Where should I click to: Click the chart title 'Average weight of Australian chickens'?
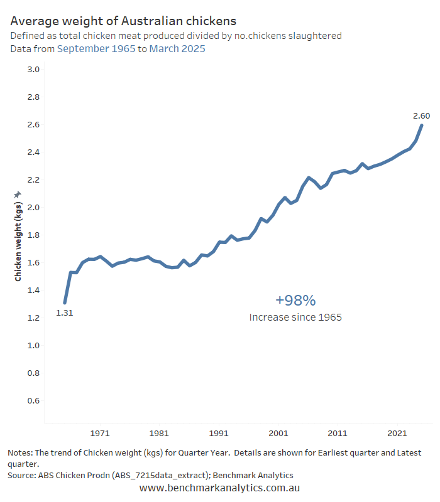[x=123, y=21]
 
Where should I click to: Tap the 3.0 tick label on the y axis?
[x=33, y=70]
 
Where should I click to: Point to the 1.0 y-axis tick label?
[x=33, y=346]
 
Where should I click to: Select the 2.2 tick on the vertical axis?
[x=33, y=180]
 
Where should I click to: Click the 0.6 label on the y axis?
[x=33, y=400]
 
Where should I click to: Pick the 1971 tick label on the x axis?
[x=100, y=433]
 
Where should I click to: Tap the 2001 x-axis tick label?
[x=278, y=433]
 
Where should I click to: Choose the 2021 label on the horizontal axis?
[x=397, y=433]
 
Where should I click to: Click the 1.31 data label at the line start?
[x=65, y=312]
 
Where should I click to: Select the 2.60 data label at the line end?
[x=421, y=116]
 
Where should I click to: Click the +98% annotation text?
[x=295, y=301]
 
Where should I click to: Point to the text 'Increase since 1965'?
[x=295, y=318]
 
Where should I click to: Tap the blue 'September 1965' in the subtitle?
[x=96, y=49]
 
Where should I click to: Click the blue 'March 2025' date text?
[x=177, y=49]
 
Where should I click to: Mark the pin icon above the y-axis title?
[x=18, y=195]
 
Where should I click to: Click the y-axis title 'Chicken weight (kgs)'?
[x=18, y=242]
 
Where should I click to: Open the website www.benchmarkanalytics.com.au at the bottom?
[x=219, y=488]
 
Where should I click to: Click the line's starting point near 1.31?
[x=65, y=302]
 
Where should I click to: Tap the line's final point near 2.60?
[x=422, y=125]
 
